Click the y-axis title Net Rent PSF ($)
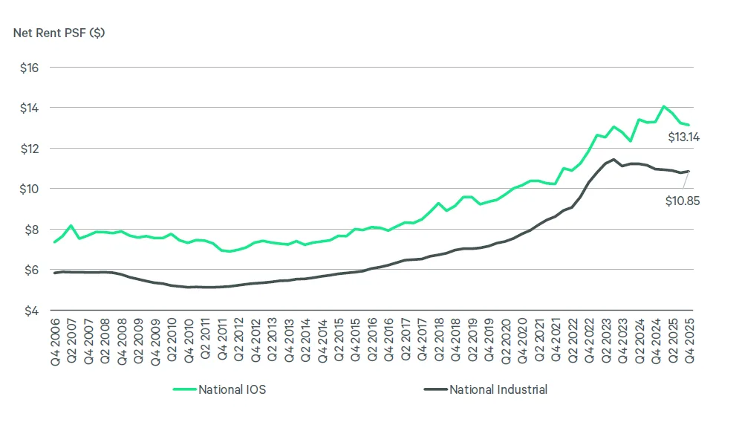coord(59,33)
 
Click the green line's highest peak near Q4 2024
coord(664,106)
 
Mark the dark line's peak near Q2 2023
coord(613,159)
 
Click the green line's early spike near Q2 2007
coord(71,226)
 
